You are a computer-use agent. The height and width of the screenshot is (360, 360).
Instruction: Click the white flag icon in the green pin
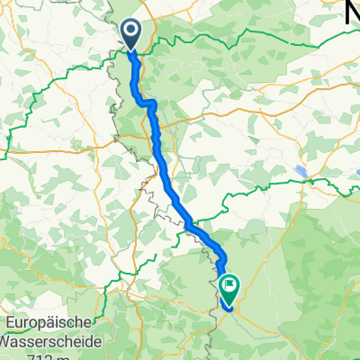click(x=229, y=287)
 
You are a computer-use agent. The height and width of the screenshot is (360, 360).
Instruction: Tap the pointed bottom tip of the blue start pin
click(x=130, y=50)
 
